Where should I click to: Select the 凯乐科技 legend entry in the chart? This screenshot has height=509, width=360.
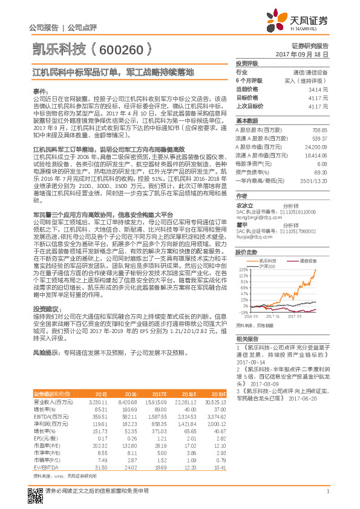pyautogui.click(x=267, y=259)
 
